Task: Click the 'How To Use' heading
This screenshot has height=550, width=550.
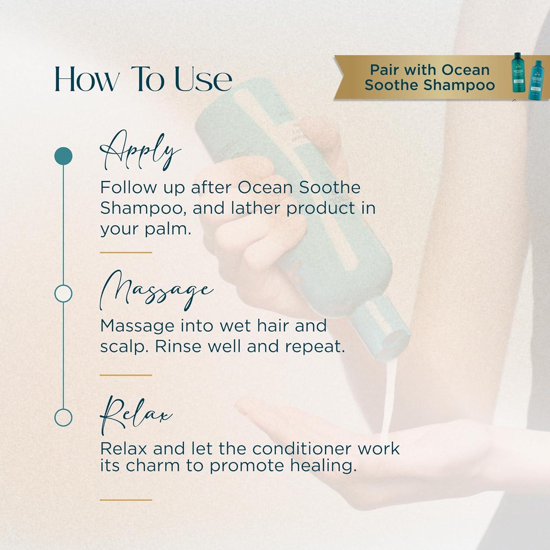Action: pyautogui.click(x=143, y=79)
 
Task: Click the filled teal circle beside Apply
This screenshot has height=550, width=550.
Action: pyautogui.click(x=63, y=156)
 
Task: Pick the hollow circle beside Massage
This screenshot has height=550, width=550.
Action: pyautogui.click(x=63, y=293)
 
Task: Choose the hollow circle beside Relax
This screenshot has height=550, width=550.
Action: pyautogui.click(x=63, y=417)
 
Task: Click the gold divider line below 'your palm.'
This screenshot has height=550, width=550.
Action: pyautogui.click(x=126, y=252)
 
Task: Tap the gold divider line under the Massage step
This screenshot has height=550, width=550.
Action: pyautogui.click(x=126, y=375)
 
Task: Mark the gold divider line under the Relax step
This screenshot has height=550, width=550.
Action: pyautogui.click(x=126, y=500)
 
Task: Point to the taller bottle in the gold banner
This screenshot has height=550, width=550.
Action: pyautogui.click(x=519, y=72)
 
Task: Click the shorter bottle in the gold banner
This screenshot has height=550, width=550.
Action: pyautogui.click(x=535, y=80)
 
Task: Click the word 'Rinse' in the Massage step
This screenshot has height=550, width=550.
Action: pyautogui.click(x=178, y=346)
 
